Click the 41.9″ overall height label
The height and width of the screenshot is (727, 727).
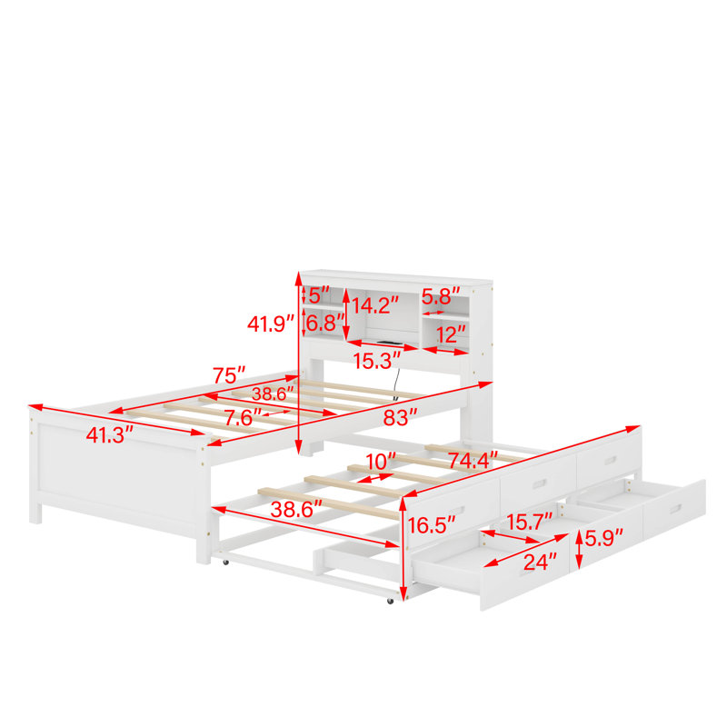tap(271, 324)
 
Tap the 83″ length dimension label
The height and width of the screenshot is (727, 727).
tap(400, 417)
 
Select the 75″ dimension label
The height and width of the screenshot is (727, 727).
tap(229, 375)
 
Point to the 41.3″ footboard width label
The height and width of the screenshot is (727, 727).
tap(110, 435)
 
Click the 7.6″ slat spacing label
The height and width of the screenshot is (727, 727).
tap(243, 418)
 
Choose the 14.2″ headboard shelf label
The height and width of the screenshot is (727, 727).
tap(375, 305)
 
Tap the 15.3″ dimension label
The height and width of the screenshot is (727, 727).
tap(377, 361)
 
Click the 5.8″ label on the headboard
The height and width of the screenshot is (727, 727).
tap(441, 296)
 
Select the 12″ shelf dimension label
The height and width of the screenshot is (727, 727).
tap(450, 334)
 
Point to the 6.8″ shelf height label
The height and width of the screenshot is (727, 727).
tap(324, 323)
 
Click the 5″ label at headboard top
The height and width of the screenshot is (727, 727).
tap(319, 294)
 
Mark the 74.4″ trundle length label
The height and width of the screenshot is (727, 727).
tap(473, 461)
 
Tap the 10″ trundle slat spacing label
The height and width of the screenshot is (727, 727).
tap(381, 462)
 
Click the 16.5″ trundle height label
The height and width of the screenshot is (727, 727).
tap(431, 525)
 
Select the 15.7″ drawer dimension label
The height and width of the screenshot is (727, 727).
tap(530, 522)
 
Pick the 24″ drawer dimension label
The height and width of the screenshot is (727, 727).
tap(540, 562)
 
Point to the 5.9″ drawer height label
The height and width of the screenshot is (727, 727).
tap(603, 538)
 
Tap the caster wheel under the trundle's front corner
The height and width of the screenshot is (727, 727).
tap(390, 602)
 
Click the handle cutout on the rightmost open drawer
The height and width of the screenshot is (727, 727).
tap(675, 509)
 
